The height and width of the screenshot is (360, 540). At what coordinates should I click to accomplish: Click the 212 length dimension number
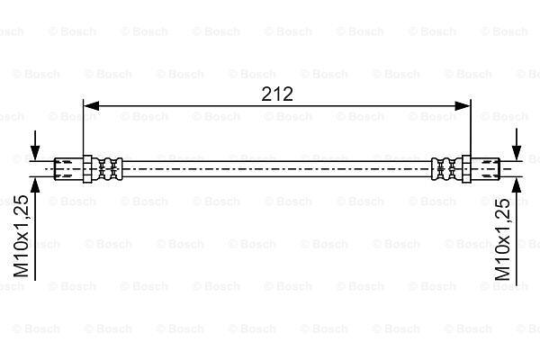(277, 94)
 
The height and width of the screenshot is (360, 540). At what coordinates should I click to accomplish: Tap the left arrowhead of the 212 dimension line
(91, 106)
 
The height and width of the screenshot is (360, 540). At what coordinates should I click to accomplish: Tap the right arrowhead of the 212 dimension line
(463, 106)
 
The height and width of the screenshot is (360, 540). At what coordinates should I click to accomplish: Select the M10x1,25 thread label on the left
(22, 237)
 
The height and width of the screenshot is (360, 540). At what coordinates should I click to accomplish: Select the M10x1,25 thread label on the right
(502, 239)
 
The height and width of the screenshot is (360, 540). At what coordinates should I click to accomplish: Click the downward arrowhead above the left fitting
(35, 152)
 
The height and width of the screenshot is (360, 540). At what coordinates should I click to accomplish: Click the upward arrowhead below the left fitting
(35, 185)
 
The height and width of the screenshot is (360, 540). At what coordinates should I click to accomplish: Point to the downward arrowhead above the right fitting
(517, 152)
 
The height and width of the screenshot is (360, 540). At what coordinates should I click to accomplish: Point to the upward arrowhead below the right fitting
(517, 185)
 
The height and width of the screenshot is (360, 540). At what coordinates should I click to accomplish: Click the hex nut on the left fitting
(87, 169)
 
